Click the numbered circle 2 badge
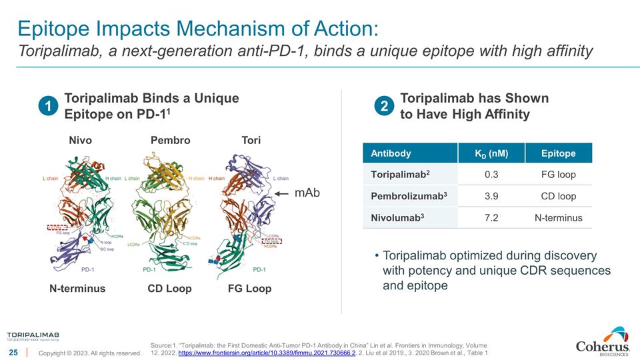pyautogui.click(x=385, y=107)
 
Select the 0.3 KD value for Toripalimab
pyautogui.click(x=491, y=175)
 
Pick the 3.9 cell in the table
pyautogui.click(x=491, y=196)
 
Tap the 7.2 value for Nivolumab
pyautogui.click(x=491, y=218)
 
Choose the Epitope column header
pyautogui.click(x=558, y=153)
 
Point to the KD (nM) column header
pyautogui.click(x=491, y=153)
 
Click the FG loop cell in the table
pyautogui.click(x=558, y=175)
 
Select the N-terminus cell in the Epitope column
pyautogui.click(x=558, y=218)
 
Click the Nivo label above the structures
pyautogui.click(x=81, y=140)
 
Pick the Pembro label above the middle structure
pyautogui.click(x=170, y=140)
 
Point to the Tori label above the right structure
pyautogui.click(x=251, y=140)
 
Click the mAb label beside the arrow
pyautogui.click(x=307, y=193)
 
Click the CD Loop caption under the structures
pyautogui.click(x=169, y=289)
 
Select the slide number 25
pyautogui.click(x=13, y=352)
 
